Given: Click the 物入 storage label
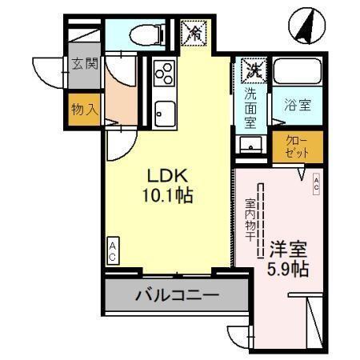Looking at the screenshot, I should point(83,109).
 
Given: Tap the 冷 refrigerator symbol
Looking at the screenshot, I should point(194,33).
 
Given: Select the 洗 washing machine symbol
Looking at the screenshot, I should point(254,70).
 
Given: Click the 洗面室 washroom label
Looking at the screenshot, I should point(250,108).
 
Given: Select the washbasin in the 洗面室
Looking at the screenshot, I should point(250,145).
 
